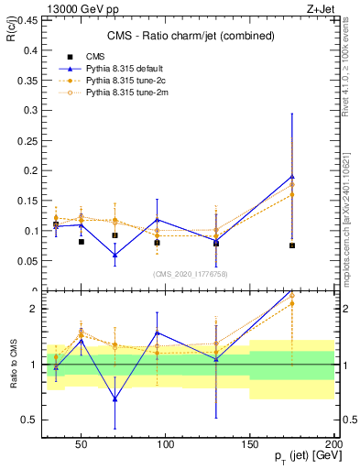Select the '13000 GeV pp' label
(x=71, y=8)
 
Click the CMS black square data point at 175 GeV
(x=292, y=245)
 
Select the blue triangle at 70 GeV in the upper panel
(x=115, y=255)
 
